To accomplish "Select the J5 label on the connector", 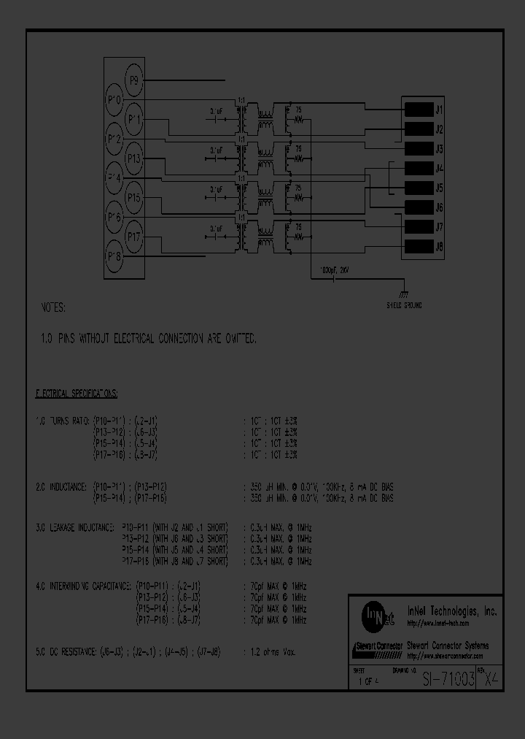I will point(439,188).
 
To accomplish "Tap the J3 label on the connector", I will point(439,150).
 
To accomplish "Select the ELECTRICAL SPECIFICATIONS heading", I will point(77,394).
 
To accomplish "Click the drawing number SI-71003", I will point(448,678).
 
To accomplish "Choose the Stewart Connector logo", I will point(377,647).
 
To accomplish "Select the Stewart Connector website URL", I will point(446,656).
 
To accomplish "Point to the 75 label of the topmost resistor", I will point(298,109).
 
